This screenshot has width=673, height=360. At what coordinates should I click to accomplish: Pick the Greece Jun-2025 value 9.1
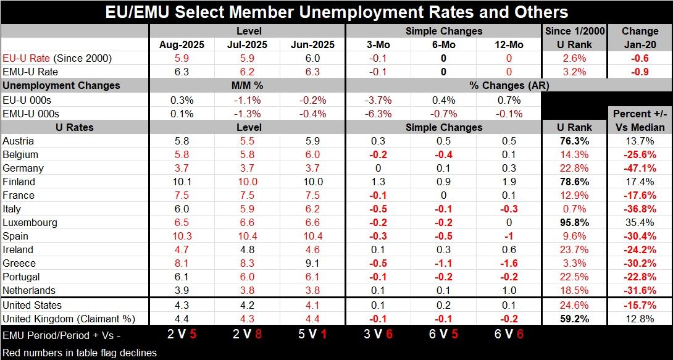tap(313, 263)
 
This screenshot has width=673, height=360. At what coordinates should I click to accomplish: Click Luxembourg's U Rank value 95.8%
tap(575, 222)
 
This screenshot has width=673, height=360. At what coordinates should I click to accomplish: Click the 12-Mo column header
tap(509, 44)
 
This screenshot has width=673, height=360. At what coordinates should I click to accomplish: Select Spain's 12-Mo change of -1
tap(509, 236)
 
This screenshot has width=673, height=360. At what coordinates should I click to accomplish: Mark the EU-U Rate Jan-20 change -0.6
tap(640, 58)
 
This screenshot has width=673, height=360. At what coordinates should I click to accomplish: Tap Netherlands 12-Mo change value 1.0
tap(509, 290)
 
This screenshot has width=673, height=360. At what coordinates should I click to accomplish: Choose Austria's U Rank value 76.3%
tap(575, 141)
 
